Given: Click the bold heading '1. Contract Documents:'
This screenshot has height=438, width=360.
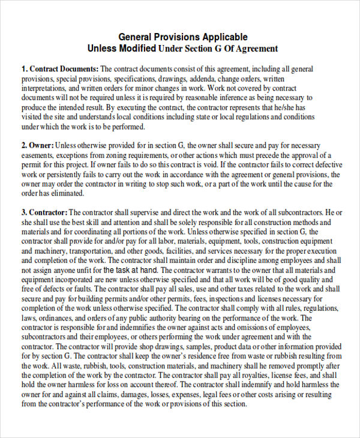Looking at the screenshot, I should click(x=60, y=69).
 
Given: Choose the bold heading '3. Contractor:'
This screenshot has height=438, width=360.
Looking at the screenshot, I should click(x=45, y=213).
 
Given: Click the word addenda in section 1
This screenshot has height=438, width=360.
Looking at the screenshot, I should click(x=207, y=79).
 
